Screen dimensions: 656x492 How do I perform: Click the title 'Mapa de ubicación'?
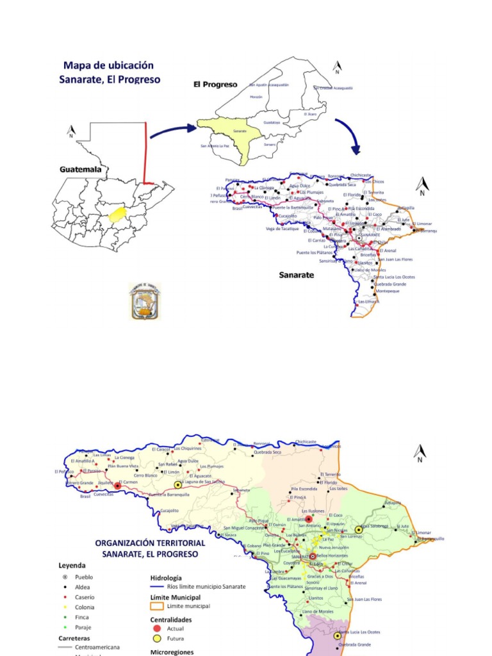108,65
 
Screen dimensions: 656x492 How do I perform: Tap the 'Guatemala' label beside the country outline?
80,170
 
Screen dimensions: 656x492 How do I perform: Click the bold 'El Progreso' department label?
215,84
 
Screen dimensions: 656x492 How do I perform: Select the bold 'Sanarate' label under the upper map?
296,275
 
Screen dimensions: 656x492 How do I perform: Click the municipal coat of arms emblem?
145,301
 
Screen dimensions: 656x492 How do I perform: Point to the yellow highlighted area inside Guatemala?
116,214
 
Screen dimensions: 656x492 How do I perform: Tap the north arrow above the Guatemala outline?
71,133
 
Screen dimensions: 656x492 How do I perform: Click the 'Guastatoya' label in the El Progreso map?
272,122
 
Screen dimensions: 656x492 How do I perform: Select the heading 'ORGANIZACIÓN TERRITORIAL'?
150,543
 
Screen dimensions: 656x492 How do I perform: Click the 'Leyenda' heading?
72,566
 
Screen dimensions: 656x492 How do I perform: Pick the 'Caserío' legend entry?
85,597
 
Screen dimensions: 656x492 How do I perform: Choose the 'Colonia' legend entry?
85,607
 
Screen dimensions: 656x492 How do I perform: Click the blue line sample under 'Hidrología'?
157,587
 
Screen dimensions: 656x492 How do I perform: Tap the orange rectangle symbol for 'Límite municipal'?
157,606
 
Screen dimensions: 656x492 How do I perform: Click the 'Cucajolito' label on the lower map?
169,511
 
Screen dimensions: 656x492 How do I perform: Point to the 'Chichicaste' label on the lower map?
306,441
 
